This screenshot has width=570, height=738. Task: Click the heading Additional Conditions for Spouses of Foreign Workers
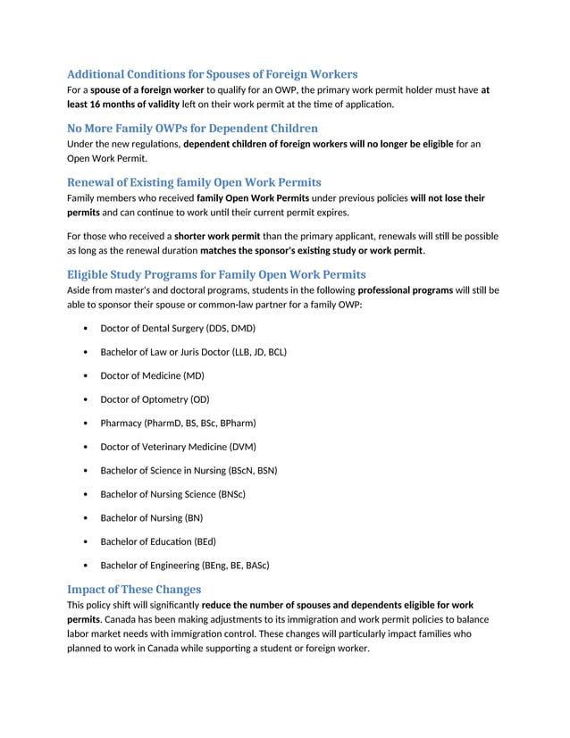(x=213, y=74)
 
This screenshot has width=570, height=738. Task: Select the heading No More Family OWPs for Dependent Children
(x=192, y=128)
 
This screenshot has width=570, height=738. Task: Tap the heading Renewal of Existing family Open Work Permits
(x=194, y=182)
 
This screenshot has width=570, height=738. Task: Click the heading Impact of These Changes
(x=134, y=589)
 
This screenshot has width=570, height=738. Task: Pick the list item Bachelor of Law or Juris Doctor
(x=193, y=352)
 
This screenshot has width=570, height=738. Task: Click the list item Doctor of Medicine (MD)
(x=152, y=376)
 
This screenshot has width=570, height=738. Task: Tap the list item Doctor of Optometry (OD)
(x=155, y=399)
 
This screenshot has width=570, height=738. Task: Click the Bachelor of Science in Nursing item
(x=188, y=471)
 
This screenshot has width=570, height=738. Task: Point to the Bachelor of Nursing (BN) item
(x=151, y=518)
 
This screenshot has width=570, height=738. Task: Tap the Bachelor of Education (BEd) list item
(x=158, y=541)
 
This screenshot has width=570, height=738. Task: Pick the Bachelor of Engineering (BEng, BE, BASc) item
(x=184, y=566)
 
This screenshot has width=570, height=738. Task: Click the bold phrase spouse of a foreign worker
(x=147, y=90)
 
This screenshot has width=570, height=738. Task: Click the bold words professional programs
(x=405, y=290)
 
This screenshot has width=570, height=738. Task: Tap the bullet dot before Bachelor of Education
(x=84, y=541)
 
